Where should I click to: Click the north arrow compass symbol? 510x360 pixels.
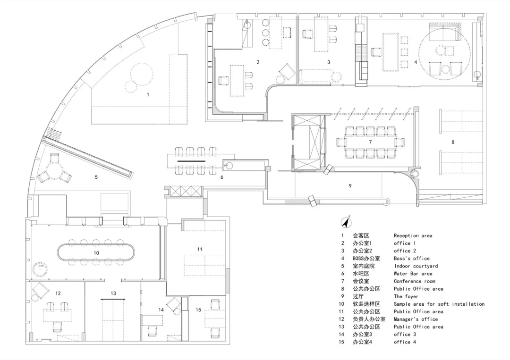click(x=347, y=223)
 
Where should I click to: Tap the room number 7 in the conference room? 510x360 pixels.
click(x=370, y=142)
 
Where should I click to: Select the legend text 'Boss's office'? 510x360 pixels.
click(x=411, y=258)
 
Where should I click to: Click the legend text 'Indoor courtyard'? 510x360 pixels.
click(x=416, y=266)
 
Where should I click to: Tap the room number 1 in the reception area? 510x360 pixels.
click(x=148, y=94)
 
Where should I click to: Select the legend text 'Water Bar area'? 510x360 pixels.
click(x=413, y=274)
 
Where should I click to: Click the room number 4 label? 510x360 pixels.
click(x=416, y=62)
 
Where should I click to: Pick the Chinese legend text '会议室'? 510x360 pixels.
click(x=361, y=281)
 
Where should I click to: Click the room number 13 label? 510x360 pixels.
click(x=113, y=293)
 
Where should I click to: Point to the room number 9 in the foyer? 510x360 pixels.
click(x=350, y=186)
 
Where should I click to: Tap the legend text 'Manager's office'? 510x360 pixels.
click(x=416, y=319)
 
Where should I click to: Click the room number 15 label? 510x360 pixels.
click(x=198, y=310)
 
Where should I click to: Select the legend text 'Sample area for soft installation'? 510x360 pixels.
click(x=439, y=304)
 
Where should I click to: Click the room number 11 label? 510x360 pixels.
click(x=200, y=249)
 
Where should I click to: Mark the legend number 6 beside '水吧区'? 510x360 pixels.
click(x=342, y=274)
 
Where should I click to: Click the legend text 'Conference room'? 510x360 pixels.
click(x=415, y=281)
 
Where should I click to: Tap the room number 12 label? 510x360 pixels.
click(x=58, y=293)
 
